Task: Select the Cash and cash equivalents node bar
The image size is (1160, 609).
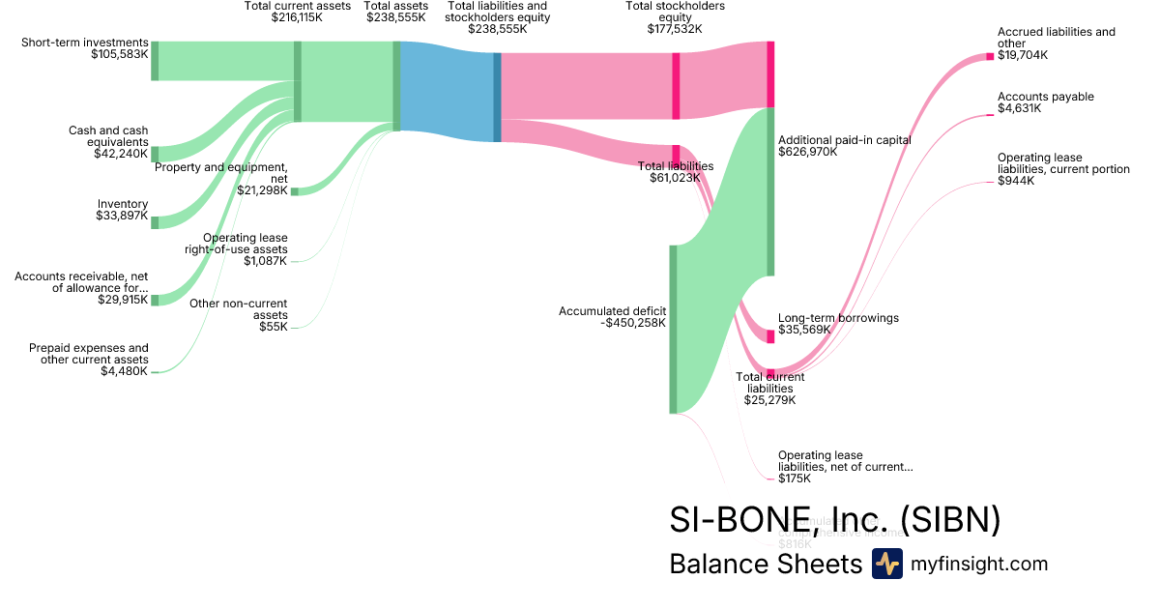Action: pos(155,155)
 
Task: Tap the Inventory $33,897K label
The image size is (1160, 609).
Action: pos(123,210)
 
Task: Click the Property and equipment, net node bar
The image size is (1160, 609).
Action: pos(295,191)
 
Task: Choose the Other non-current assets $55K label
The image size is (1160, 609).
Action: pos(252,315)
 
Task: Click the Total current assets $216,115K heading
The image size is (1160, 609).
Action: pos(297,12)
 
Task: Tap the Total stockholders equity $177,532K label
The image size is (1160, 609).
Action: pos(675,17)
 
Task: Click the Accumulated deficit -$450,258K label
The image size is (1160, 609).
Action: pos(612,317)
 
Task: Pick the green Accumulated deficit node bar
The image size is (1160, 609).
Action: pos(673,329)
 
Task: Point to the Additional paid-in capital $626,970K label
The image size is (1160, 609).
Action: pos(844,146)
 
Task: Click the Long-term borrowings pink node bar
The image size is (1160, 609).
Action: pos(770,336)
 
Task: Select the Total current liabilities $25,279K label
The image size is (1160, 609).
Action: pos(769,388)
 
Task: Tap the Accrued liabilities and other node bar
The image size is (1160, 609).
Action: pos(990,56)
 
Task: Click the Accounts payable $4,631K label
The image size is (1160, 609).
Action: pos(1046,102)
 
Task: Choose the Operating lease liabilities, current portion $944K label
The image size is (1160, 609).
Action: pos(1063,169)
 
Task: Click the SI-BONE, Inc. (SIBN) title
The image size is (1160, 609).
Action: pos(834,520)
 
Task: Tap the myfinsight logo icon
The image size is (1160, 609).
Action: pos(886,564)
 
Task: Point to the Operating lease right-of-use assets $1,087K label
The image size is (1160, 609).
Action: pos(245,249)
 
